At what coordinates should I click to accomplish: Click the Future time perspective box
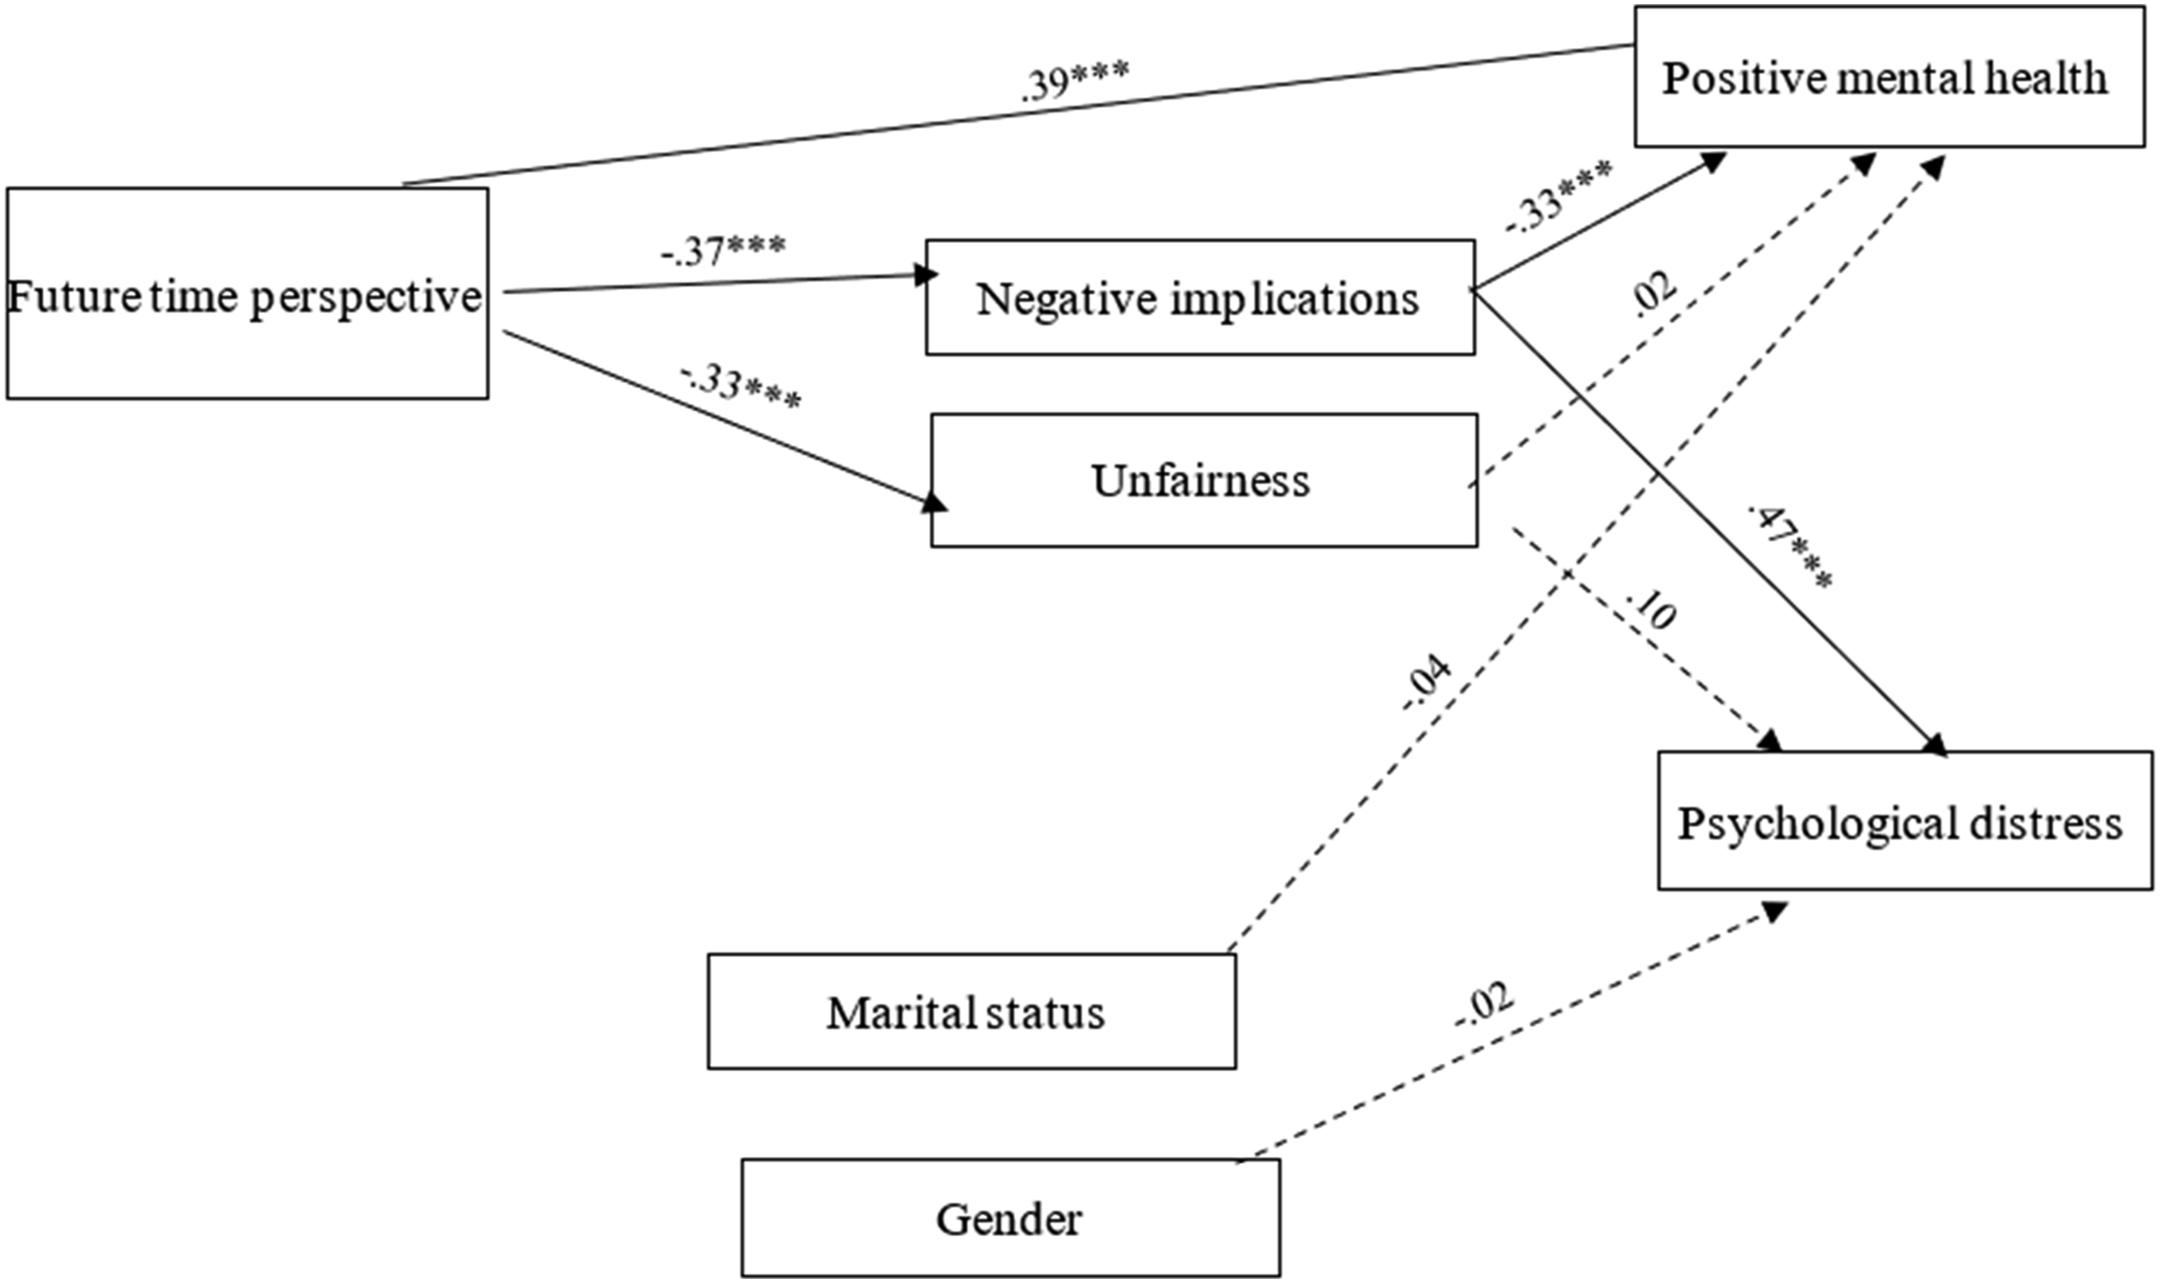[x=247, y=294]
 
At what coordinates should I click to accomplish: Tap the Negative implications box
[x=1200, y=297]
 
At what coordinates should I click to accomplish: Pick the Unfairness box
[x=1203, y=480]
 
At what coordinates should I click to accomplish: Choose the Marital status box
[x=971, y=1011]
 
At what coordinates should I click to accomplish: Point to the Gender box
[x=1010, y=1218]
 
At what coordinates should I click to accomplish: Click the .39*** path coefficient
[x=1074, y=83]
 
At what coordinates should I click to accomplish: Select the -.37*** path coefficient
[x=723, y=250]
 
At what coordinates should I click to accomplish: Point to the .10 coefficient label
[x=1651, y=610]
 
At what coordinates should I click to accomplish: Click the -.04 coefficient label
[x=1426, y=683]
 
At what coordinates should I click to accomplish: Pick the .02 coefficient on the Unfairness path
[x=1652, y=296]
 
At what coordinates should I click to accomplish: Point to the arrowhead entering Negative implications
[x=927, y=275]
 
